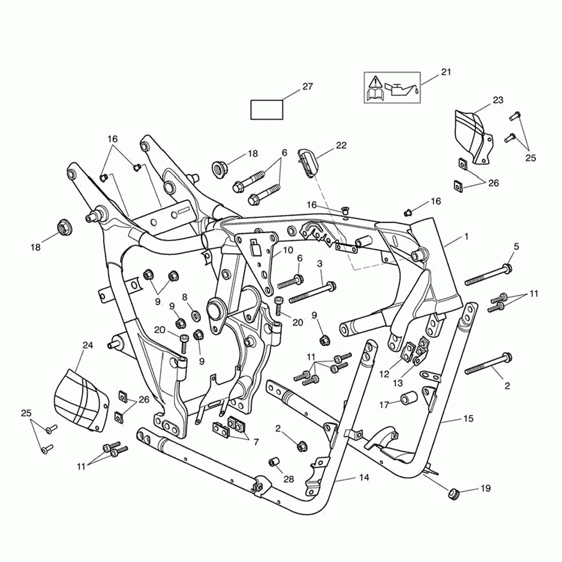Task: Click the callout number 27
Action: (307, 87)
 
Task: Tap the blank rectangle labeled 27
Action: (267, 110)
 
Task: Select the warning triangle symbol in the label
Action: (375, 81)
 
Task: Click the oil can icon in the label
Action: (400, 90)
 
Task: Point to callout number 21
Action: (446, 72)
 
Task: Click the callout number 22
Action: (341, 145)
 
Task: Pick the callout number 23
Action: (498, 100)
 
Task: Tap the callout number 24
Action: (88, 345)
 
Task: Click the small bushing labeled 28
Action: (274, 462)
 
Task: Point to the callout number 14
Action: (364, 477)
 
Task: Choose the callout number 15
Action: (468, 419)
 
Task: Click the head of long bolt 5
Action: (508, 268)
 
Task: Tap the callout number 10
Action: (288, 250)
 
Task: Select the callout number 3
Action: (320, 264)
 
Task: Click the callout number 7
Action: (256, 442)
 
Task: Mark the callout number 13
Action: (398, 383)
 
